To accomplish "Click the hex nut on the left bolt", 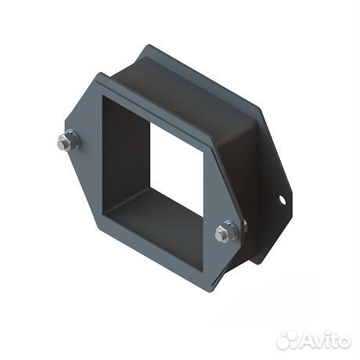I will pos(69,142).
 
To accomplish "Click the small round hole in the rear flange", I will pos(283,200).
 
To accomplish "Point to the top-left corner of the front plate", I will pos(97,74).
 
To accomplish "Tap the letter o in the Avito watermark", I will pos(343,340).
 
